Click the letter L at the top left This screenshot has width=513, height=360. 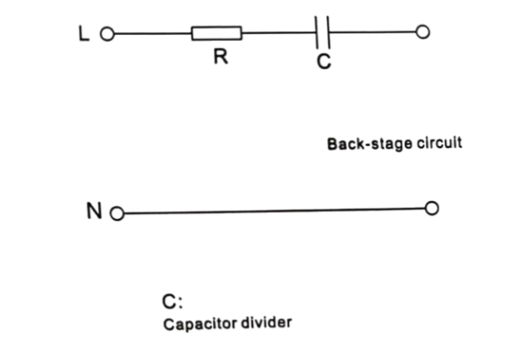[82, 34]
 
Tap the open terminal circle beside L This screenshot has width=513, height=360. [107, 35]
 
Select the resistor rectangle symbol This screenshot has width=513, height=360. [216, 34]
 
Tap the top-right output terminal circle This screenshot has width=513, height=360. [421, 33]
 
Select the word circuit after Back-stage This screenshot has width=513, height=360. [439, 143]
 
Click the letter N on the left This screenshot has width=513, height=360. [96, 211]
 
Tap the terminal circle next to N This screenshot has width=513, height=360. [117, 213]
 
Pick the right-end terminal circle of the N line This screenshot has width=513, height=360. [432, 210]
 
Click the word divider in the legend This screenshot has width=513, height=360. [268, 325]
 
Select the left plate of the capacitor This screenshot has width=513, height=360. [317, 34]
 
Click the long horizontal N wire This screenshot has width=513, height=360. [274, 211]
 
